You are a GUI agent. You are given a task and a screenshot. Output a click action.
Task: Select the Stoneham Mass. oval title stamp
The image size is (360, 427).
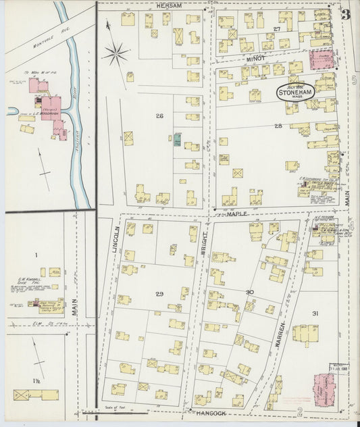(x=296, y=92)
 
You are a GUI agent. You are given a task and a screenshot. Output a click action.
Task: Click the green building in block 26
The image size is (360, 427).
(x=177, y=139)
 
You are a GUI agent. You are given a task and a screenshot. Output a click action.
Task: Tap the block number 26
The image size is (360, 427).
(x=159, y=116)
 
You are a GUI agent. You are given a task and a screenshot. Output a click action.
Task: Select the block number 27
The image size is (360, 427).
(x=276, y=29)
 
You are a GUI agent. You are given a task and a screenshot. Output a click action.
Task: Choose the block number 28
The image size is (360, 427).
(x=278, y=126)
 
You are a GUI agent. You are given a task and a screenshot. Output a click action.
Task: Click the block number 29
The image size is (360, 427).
(x=159, y=294)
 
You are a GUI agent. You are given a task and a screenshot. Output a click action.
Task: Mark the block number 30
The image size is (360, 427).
(x=249, y=292)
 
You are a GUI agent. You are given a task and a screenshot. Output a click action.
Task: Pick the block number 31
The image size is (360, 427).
(x=315, y=313)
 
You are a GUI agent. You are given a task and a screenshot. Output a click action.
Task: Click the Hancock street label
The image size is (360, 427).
(x=209, y=411)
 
